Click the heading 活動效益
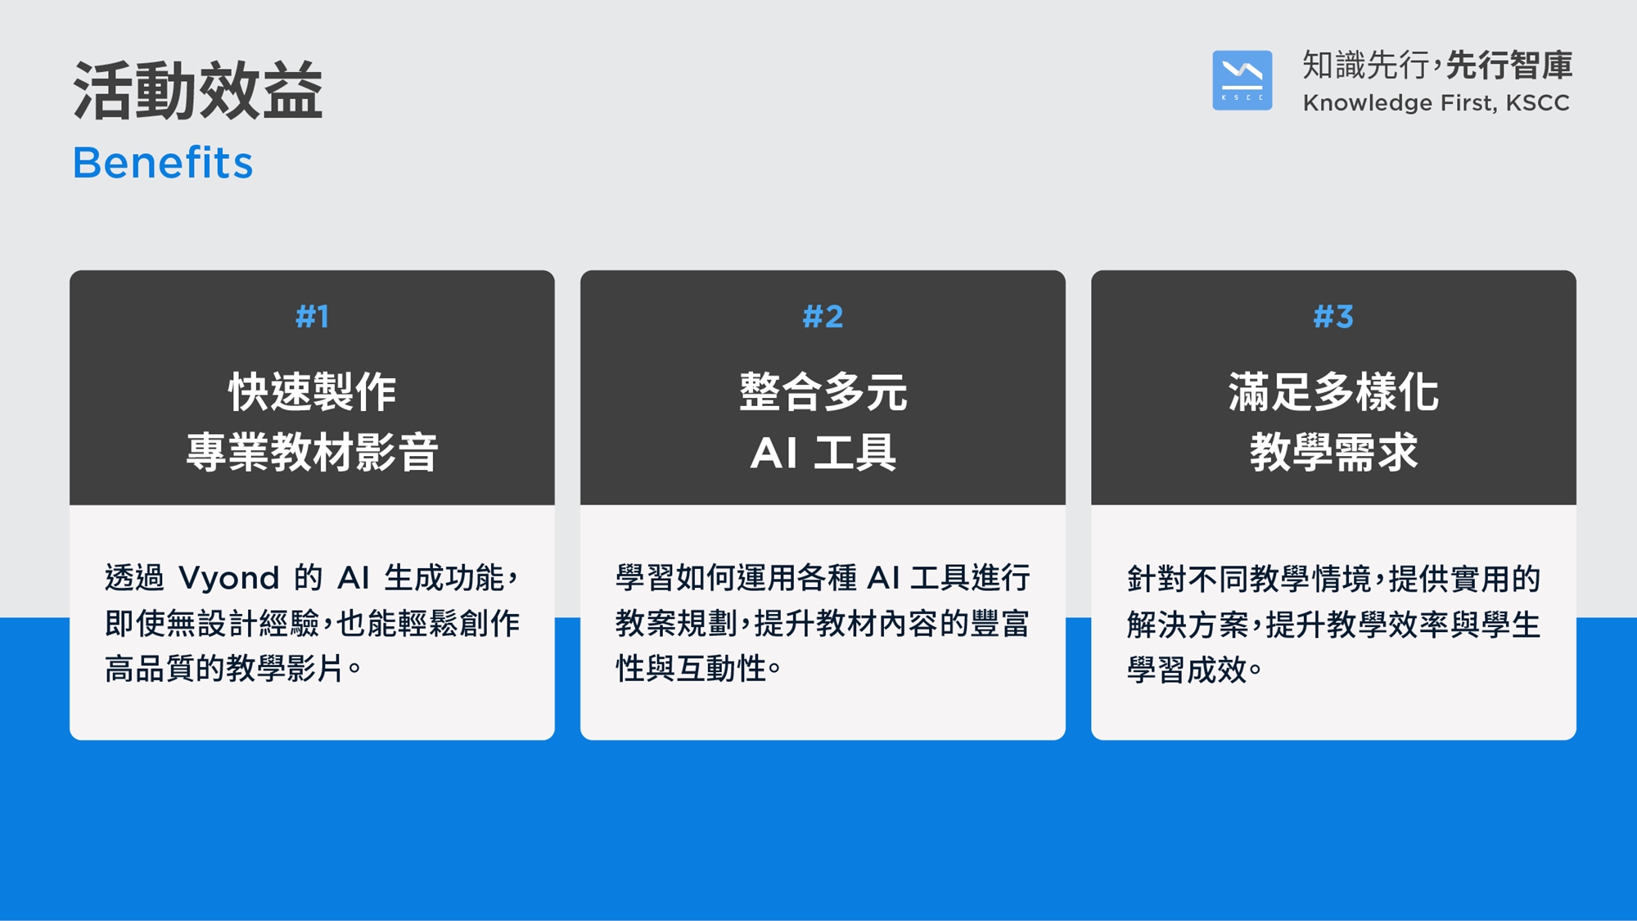pyautogui.click(x=198, y=90)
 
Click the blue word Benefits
pyautogui.click(x=163, y=162)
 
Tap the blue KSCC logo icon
pyautogui.click(x=1242, y=80)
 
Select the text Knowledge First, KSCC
pyautogui.click(x=1436, y=103)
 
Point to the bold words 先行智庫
pyautogui.click(x=1509, y=65)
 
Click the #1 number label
pyautogui.click(x=312, y=316)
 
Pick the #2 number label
pyautogui.click(x=823, y=316)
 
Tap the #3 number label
pyautogui.click(x=1333, y=316)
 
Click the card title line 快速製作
pyautogui.click(x=312, y=391)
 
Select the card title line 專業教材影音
pyautogui.click(x=312, y=452)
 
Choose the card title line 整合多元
pyautogui.click(x=823, y=391)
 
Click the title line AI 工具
pyautogui.click(x=823, y=452)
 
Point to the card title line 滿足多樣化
pyautogui.click(x=1333, y=391)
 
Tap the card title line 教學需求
pyautogui.click(x=1333, y=452)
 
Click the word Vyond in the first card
pyautogui.click(x=229, y=579)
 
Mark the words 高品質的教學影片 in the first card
pyautogui.click(x=223, y=669)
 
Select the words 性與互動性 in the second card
pyautogui.click(x=691, y=669)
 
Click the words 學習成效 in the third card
pyautogui.click(x=1187, y=670)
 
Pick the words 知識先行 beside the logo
pyautogui.click(x=1365, y=65)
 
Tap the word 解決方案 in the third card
pyautogui.click(x=1187, y=625)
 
